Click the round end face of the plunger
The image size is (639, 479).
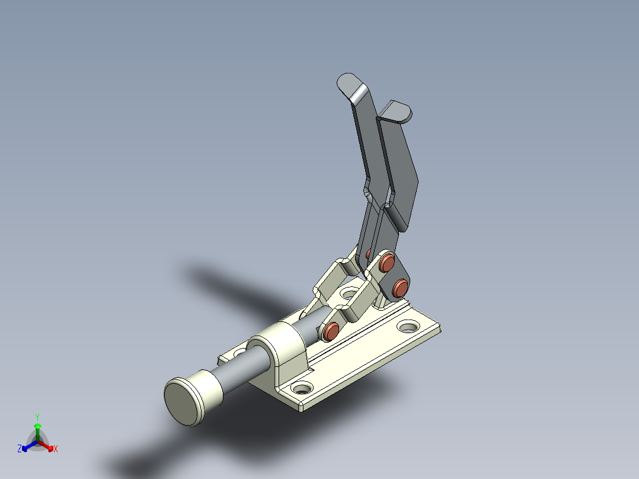click(x=184, y=402)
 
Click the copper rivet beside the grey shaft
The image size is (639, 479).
click(x=331, y=331)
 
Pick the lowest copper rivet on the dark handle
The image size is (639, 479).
click(x=401, y=288)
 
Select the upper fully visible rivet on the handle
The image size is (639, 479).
click(x=388, y=262)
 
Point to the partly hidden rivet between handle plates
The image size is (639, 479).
click(x=369, y=254)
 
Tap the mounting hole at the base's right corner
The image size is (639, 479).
click(x=408, y=326)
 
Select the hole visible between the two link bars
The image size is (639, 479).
click(x=349, y=293)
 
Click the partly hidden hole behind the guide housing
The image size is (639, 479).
click(x=240, y=352)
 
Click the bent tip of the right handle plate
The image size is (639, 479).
click(x=396, y=110)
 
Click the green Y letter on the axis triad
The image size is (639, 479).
click(x=37, y=417)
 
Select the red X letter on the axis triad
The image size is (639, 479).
click(x=56, y=449)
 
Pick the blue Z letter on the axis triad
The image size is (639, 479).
click(x=20, y=449)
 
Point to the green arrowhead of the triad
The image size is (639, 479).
click(x=37, y=426)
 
